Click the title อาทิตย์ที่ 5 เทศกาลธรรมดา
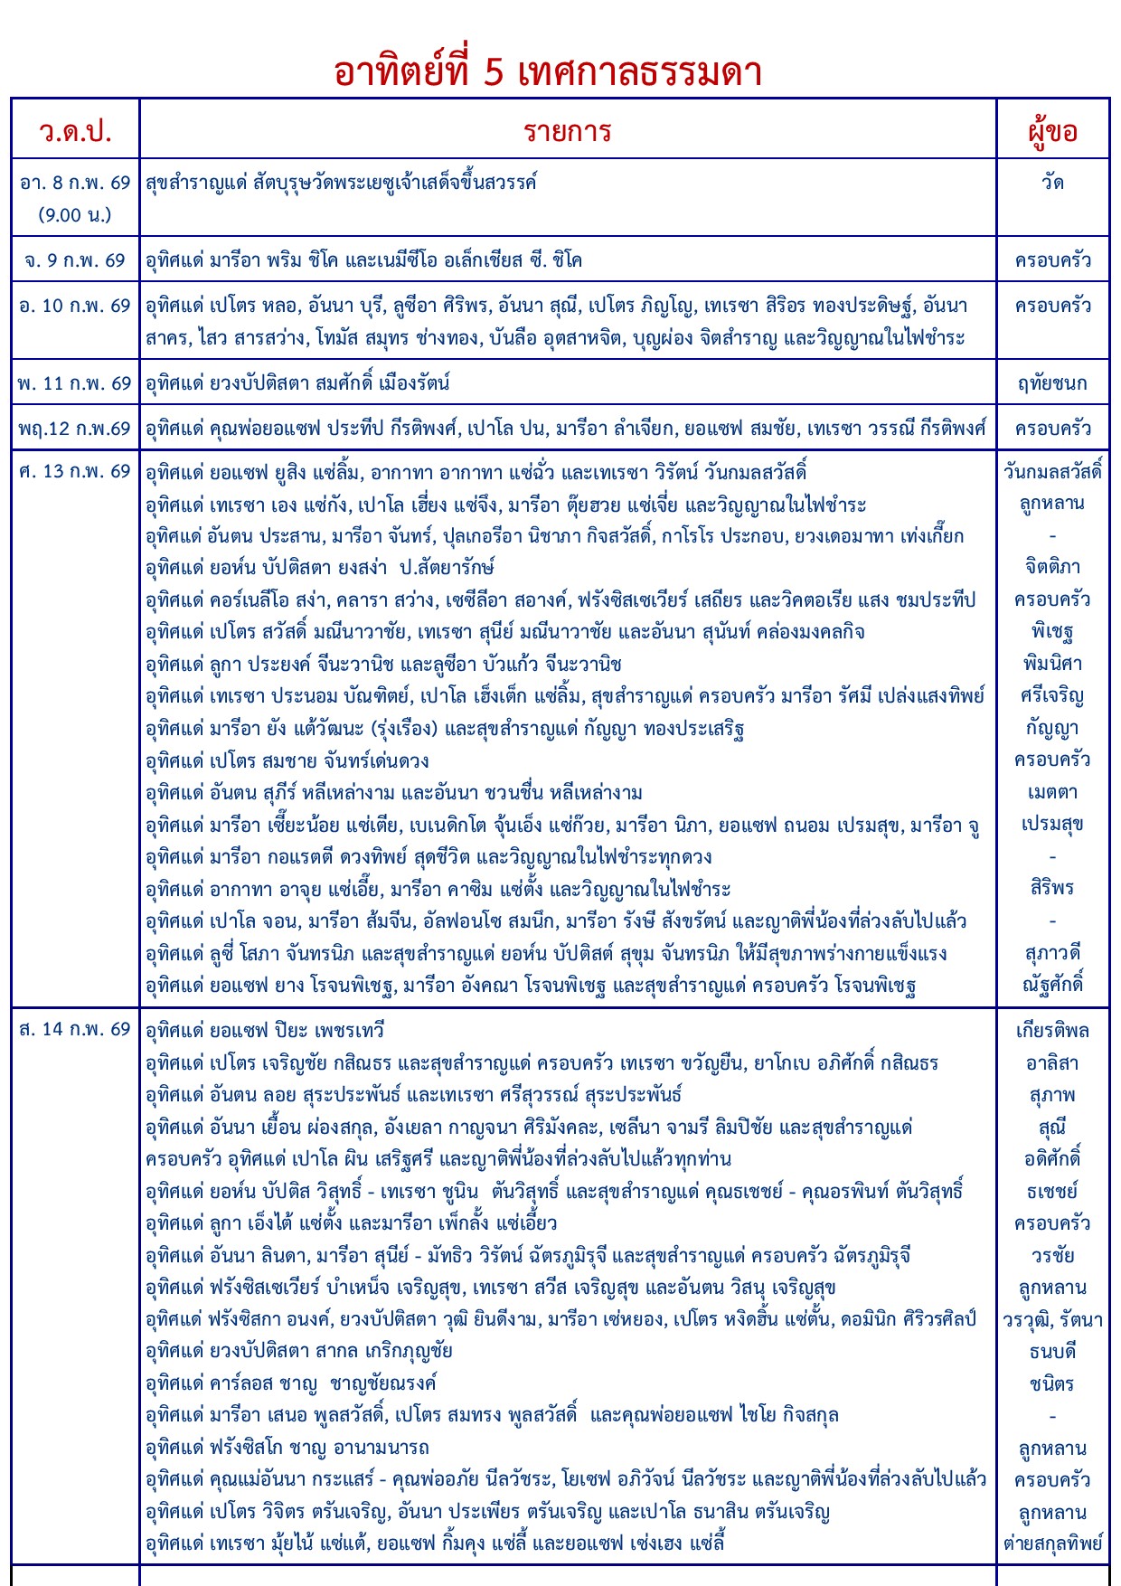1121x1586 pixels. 548,72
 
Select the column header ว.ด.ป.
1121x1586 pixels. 75,132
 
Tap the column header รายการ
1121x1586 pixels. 568,132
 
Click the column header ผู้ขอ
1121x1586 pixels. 1052,132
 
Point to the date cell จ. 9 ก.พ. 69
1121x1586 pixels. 75,260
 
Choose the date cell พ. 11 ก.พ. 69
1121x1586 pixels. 75,383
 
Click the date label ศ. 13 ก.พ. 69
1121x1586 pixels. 75,471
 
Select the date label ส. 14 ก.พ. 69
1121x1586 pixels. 75,1029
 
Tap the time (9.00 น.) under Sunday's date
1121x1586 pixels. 75,215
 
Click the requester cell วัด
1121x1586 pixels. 1052,183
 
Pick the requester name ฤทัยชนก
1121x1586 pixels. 1052,383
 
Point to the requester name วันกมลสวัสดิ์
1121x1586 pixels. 1052,471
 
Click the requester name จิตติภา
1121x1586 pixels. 1052,567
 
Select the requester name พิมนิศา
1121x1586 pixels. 1052,664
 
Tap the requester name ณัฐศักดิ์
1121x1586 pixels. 1052,984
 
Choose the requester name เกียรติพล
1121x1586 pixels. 1052,1031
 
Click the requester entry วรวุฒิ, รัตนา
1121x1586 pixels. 1052,1320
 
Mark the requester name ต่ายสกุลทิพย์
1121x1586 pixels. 1052,1544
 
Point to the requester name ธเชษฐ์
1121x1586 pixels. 1052,1192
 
